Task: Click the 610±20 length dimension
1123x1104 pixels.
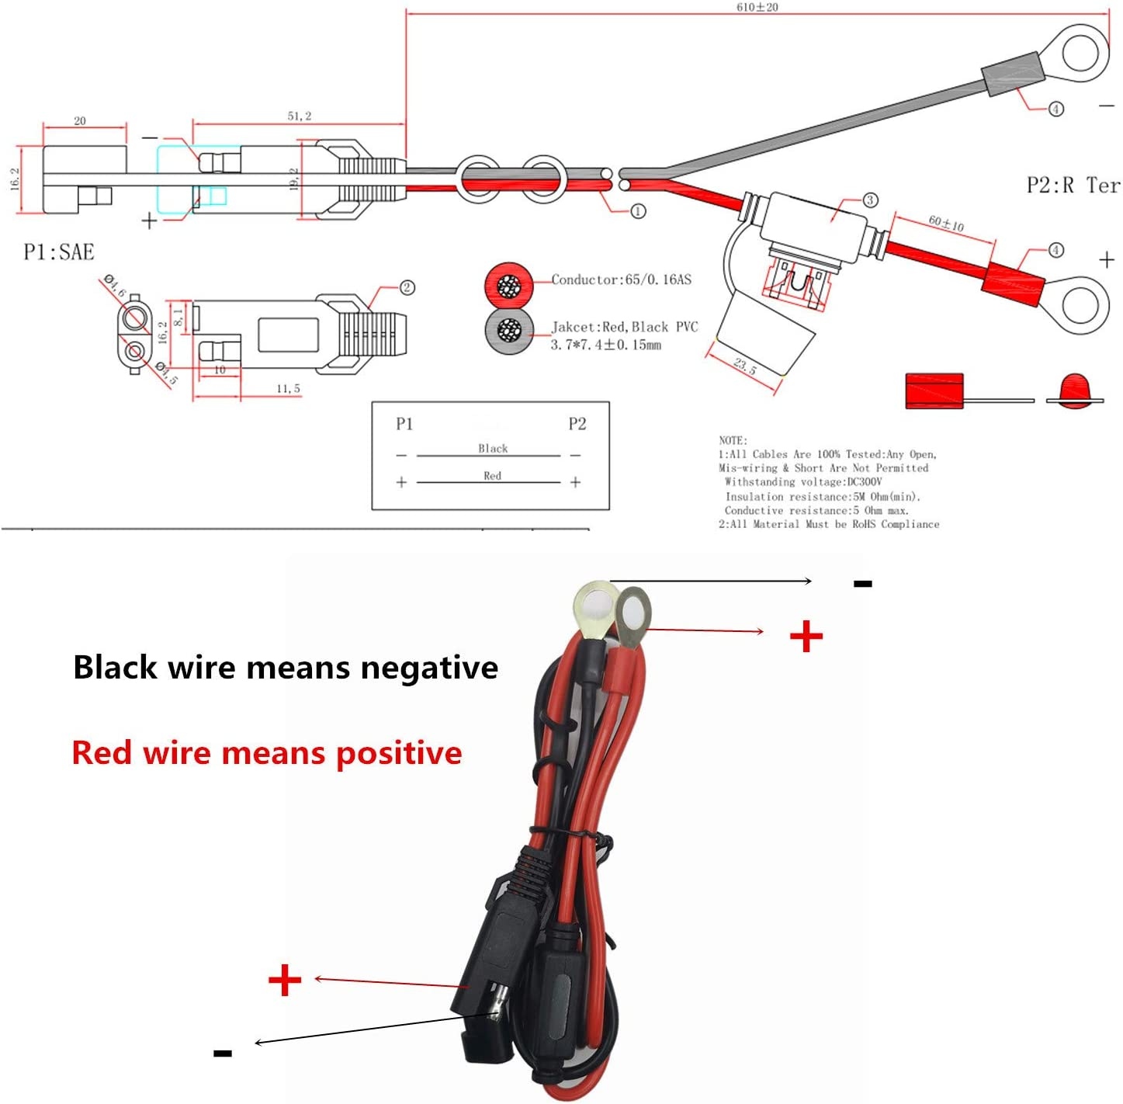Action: point(757,7)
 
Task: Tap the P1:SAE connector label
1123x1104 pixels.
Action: point(59,252)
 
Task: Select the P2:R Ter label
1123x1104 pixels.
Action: point(1073,186)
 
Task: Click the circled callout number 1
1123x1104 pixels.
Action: point(638,211)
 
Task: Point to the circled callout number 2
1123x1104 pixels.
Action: point(407,288)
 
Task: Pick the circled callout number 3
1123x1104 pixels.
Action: point(870,200)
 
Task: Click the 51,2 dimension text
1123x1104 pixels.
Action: point(300,116)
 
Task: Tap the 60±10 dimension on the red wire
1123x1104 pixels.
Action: point(946,224)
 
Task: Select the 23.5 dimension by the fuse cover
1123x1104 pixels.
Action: point(744,366)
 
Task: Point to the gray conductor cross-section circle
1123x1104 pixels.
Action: point(509,331)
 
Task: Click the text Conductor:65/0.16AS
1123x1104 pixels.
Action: point(621,279)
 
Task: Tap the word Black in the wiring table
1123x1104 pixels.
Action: point(493,448)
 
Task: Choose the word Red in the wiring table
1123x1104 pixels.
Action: point(492,475)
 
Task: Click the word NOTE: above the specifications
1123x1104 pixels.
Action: point(733,440)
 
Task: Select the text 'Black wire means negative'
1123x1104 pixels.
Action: point(285,668)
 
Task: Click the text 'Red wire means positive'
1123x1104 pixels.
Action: point(266,753)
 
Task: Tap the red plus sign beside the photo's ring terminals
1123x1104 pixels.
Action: point(806,637)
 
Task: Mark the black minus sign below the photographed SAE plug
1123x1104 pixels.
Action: point(223,1053)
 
